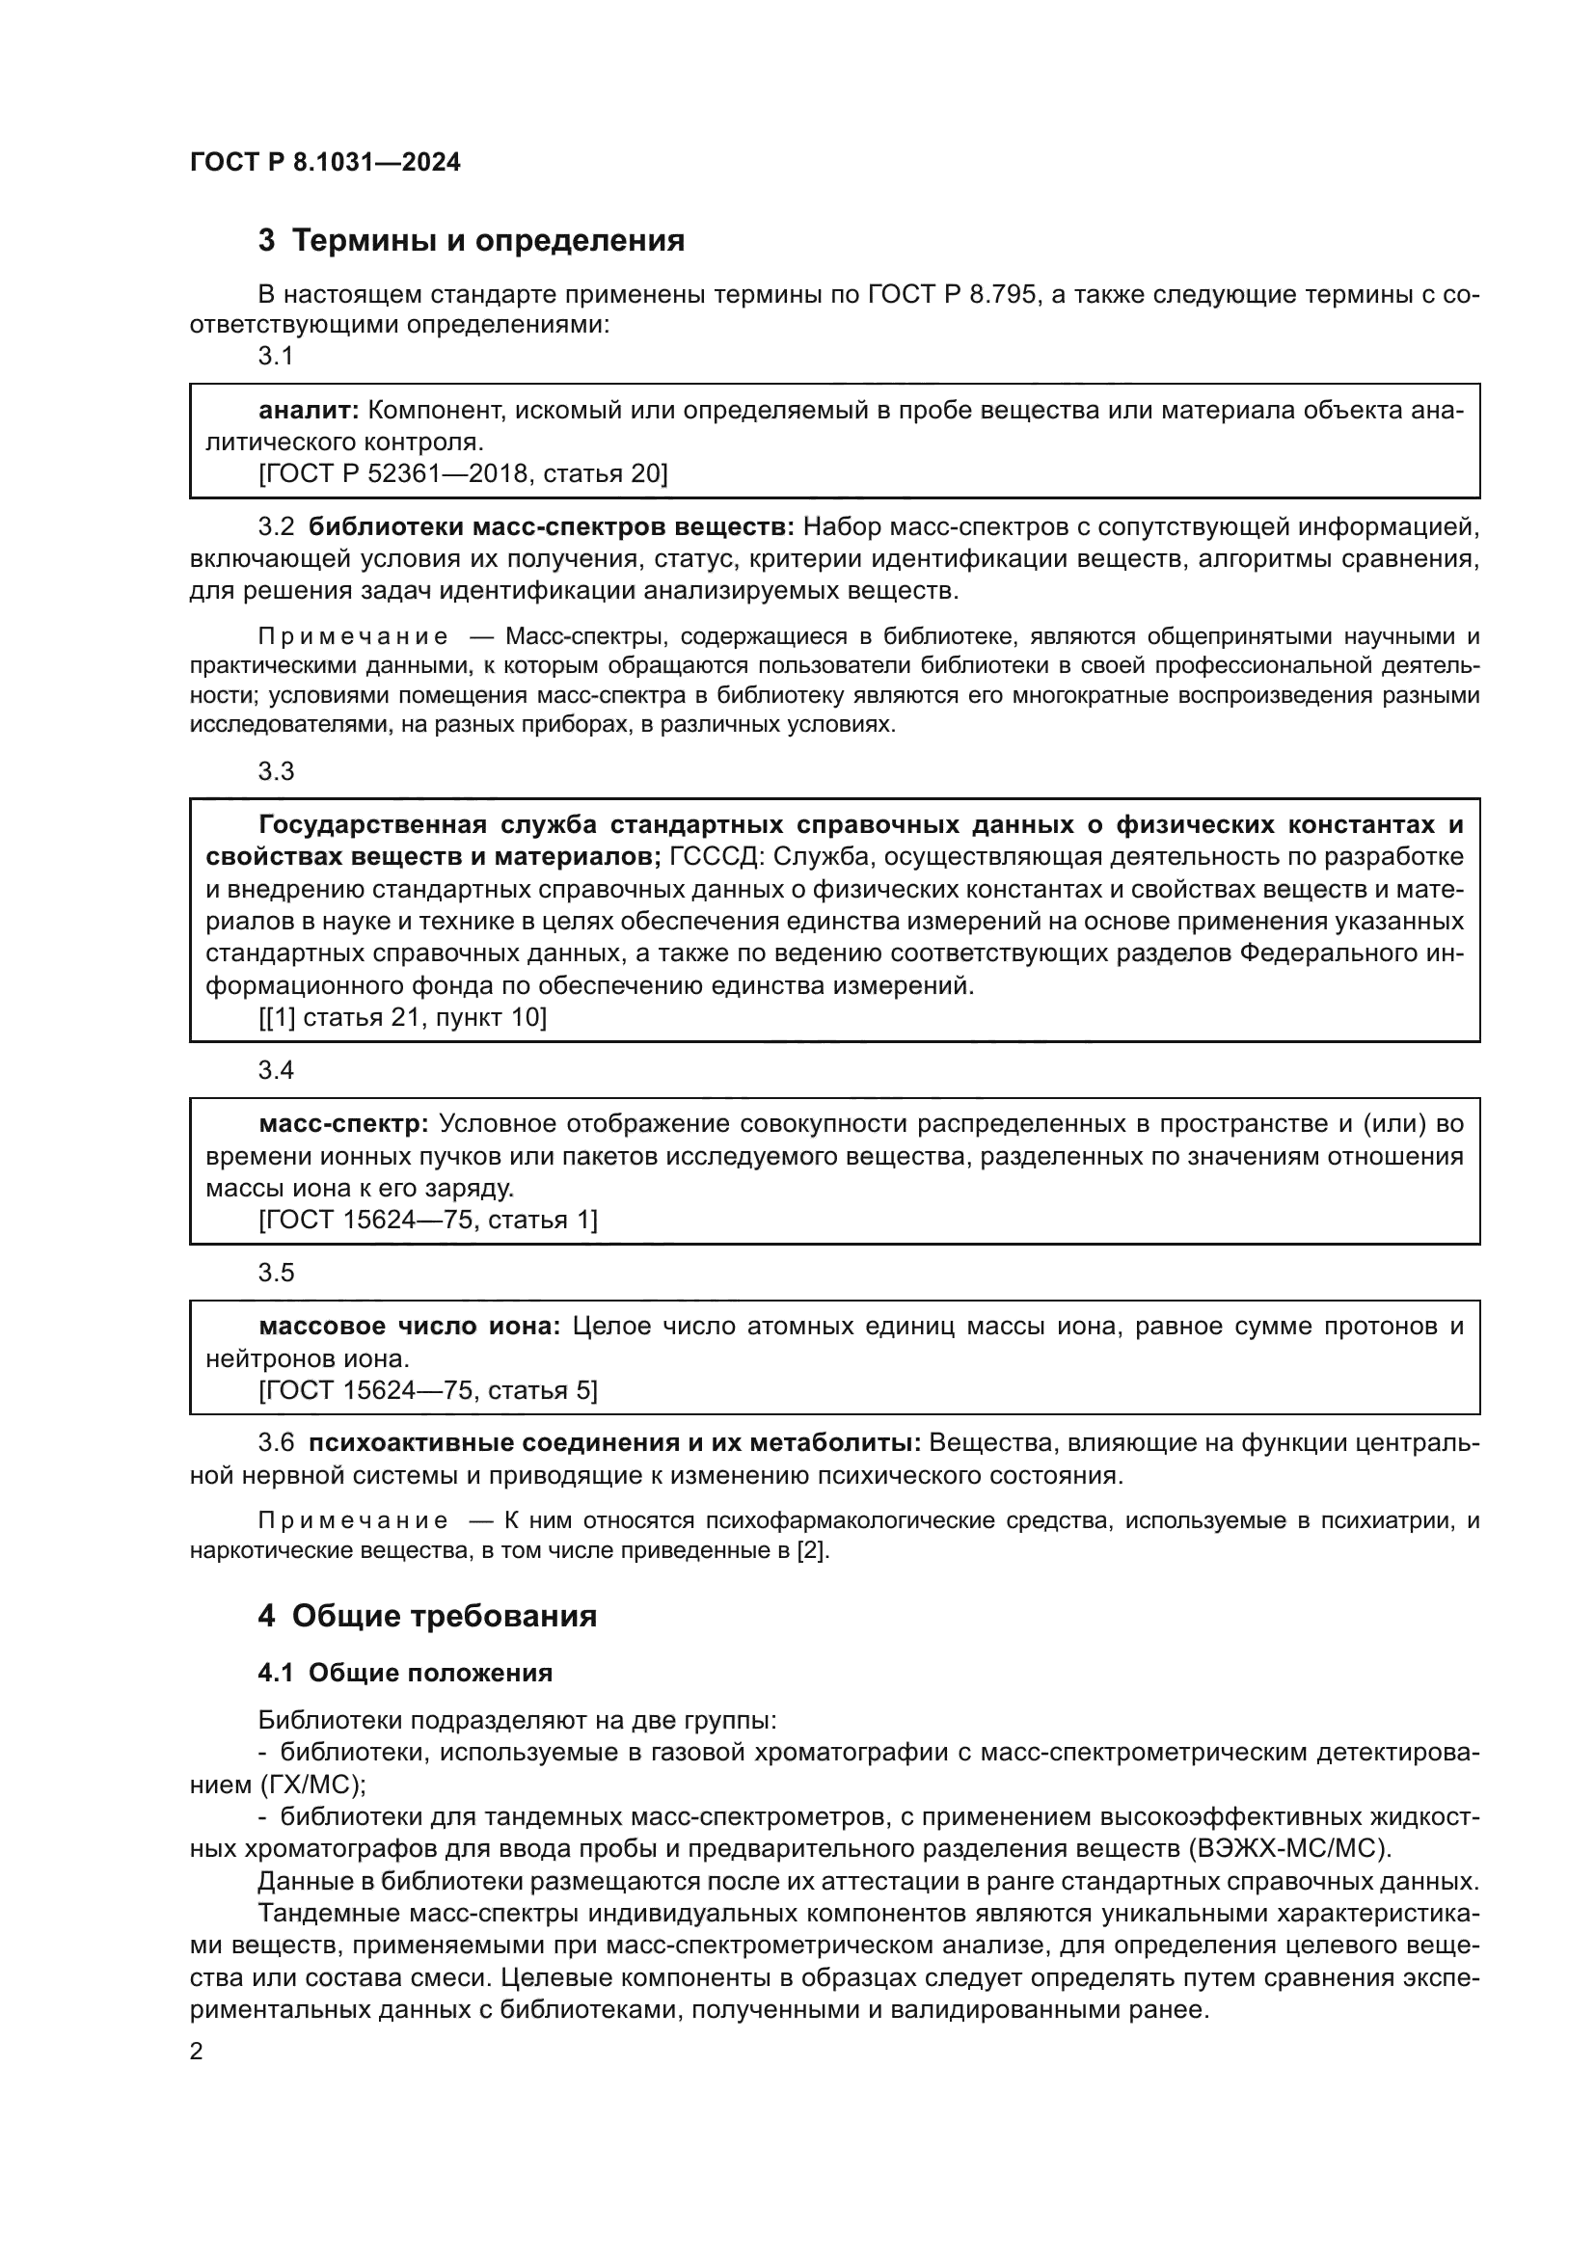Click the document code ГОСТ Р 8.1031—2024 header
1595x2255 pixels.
pos(325,163)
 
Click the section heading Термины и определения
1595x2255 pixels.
pos(488,241)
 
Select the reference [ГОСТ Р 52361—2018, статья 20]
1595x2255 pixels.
pos(463,474)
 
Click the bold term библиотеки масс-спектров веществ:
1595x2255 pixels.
pos(551,527)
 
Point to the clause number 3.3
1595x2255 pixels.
pos(276,771)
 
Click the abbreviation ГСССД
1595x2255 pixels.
pos(712,856)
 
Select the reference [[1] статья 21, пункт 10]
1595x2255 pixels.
pos(403,1016)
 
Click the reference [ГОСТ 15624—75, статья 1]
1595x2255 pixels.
pos(427,1220)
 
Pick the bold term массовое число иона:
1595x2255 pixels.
pos(409,1326)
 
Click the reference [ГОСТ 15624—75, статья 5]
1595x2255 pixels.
pos(427,1390)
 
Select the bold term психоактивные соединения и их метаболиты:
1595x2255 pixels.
pos(615,1443)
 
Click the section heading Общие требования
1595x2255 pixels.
pos(444,1616)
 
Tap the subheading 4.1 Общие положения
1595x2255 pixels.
pos(405,1673)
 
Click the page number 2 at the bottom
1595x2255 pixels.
pos(197,2052)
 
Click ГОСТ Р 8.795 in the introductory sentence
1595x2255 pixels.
pos(952,294)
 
